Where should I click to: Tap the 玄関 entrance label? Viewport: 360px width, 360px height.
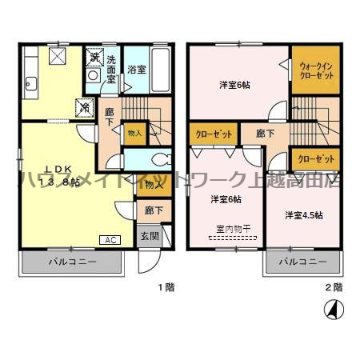150,236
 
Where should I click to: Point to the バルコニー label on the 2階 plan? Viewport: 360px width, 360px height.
302,262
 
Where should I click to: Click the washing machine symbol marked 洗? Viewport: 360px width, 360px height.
94,56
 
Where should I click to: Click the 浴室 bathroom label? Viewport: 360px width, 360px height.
137,70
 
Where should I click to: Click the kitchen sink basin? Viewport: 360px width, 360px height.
31,82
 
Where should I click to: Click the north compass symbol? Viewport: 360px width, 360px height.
329,308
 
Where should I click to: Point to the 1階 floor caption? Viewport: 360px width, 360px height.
165,286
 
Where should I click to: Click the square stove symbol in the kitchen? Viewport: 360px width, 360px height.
56,56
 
